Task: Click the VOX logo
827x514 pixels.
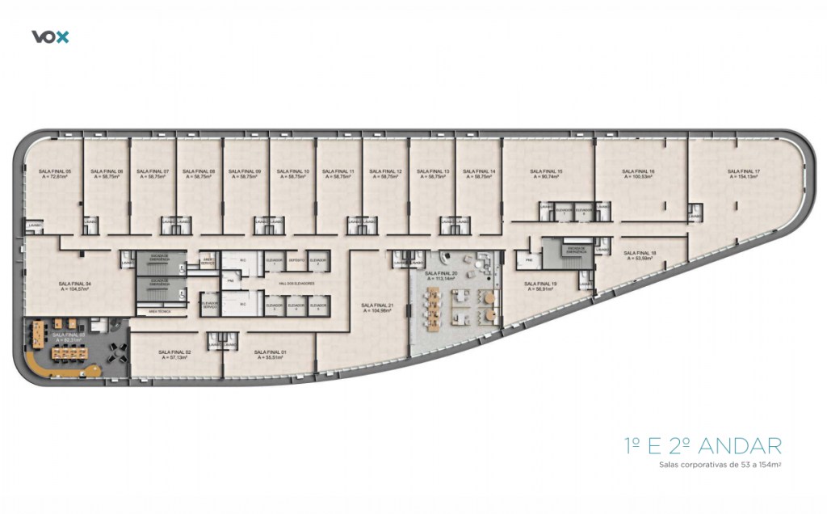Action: coord(50,36)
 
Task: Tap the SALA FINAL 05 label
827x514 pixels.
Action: coord(56,171)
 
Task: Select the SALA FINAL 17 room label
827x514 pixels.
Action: coord(743,171)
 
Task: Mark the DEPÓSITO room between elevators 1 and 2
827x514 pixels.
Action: coord(296,260)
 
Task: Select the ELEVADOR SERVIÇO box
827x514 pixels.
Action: coord(209,305)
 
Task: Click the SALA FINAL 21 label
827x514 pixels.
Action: coord(377,305)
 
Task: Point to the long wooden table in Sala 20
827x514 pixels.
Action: coord(431,310)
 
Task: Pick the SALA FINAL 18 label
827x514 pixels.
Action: coord(640,254)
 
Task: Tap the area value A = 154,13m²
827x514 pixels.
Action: coord(743,177)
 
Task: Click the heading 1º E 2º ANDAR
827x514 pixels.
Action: coord(703,445)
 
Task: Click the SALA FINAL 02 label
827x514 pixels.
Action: coord(175,352)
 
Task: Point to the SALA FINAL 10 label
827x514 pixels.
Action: coord(293,171)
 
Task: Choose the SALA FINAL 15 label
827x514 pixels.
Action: coord(546,171)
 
